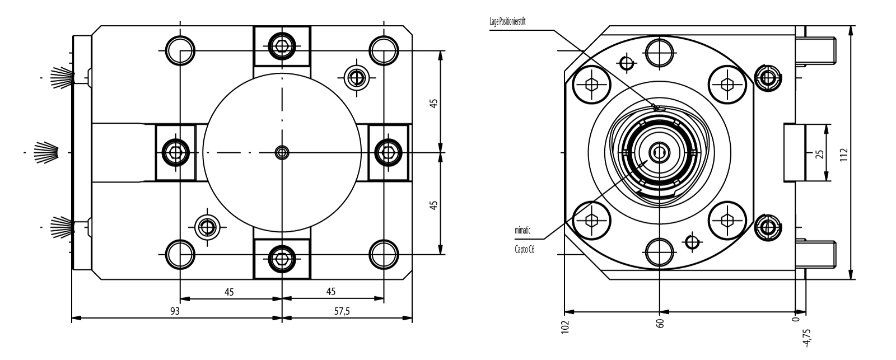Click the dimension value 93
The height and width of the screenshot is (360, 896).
(x=175, y=311)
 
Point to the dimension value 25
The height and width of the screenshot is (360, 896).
(x=820, y=153)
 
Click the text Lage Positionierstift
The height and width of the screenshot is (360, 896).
(x=507, y=21)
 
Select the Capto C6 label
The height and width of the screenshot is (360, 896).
(x=524, y=250)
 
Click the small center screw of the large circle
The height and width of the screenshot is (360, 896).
(x=282, y=152)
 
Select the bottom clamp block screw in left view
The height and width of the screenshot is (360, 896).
(x=282, y=258)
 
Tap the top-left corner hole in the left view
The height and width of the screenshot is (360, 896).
(x=180, y=50)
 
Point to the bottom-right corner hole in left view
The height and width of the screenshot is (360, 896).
(x=384, y=254)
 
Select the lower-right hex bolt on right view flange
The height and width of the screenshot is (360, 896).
(x=727, y=219)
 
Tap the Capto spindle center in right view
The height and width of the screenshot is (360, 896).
(x=660, y=152)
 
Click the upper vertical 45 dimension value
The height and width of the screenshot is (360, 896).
(x=433, y=102)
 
